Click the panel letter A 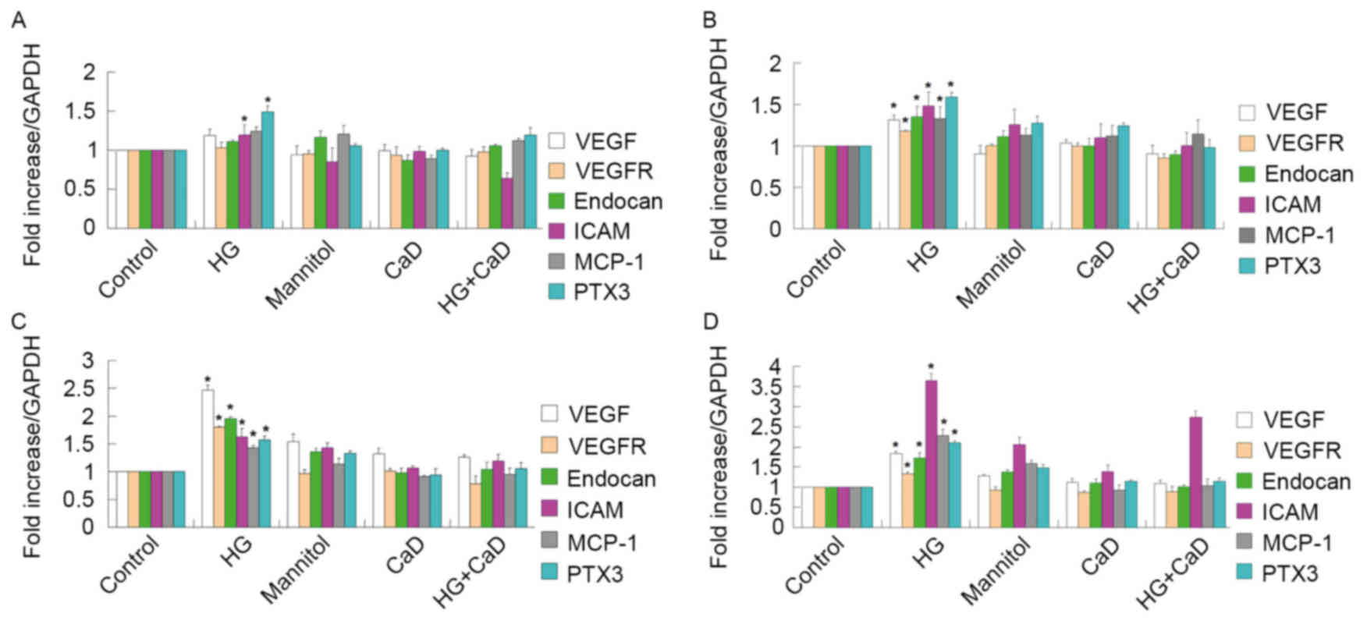point(16,21)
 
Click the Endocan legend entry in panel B point(1308,173)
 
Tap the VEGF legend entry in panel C point(598,414)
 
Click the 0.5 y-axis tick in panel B point(768,188)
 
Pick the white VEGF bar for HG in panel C point(208,458)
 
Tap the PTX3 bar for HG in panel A point(268,169)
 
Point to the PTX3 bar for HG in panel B point(952,162)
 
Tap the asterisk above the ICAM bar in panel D point(931,367)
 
